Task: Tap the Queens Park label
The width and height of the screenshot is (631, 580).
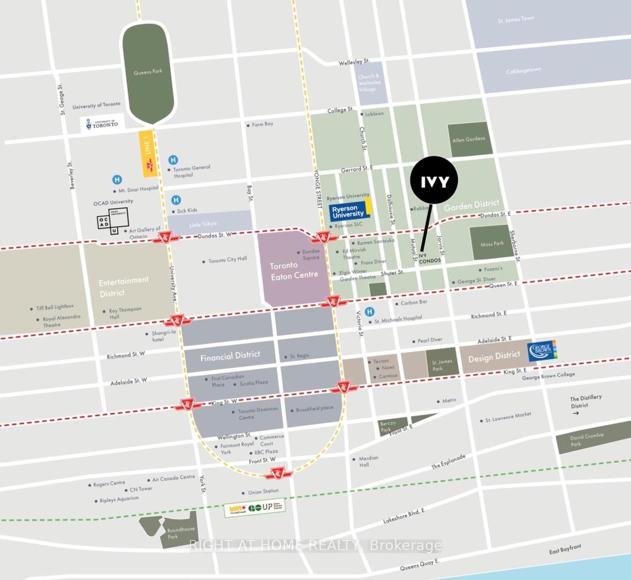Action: pos(148,72)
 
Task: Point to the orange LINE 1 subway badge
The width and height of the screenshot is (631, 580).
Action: pos(148,154)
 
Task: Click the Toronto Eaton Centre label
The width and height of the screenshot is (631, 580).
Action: pos(294,270)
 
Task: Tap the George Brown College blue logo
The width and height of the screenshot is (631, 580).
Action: pos(543,350)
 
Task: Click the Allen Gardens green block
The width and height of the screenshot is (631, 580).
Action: pos(469,139)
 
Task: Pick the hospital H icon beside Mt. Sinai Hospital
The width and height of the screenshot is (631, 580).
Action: pos(117,180)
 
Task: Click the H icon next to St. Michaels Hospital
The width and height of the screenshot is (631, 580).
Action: pos(369,312)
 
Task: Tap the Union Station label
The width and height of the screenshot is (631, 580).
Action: pos(263,492)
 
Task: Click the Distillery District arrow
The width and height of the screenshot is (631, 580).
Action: pos(575,413)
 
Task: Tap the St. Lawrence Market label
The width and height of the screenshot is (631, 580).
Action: pos(508,417)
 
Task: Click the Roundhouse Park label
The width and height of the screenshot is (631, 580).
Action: pos(180,533)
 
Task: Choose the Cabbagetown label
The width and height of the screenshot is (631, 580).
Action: pos(523,71)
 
